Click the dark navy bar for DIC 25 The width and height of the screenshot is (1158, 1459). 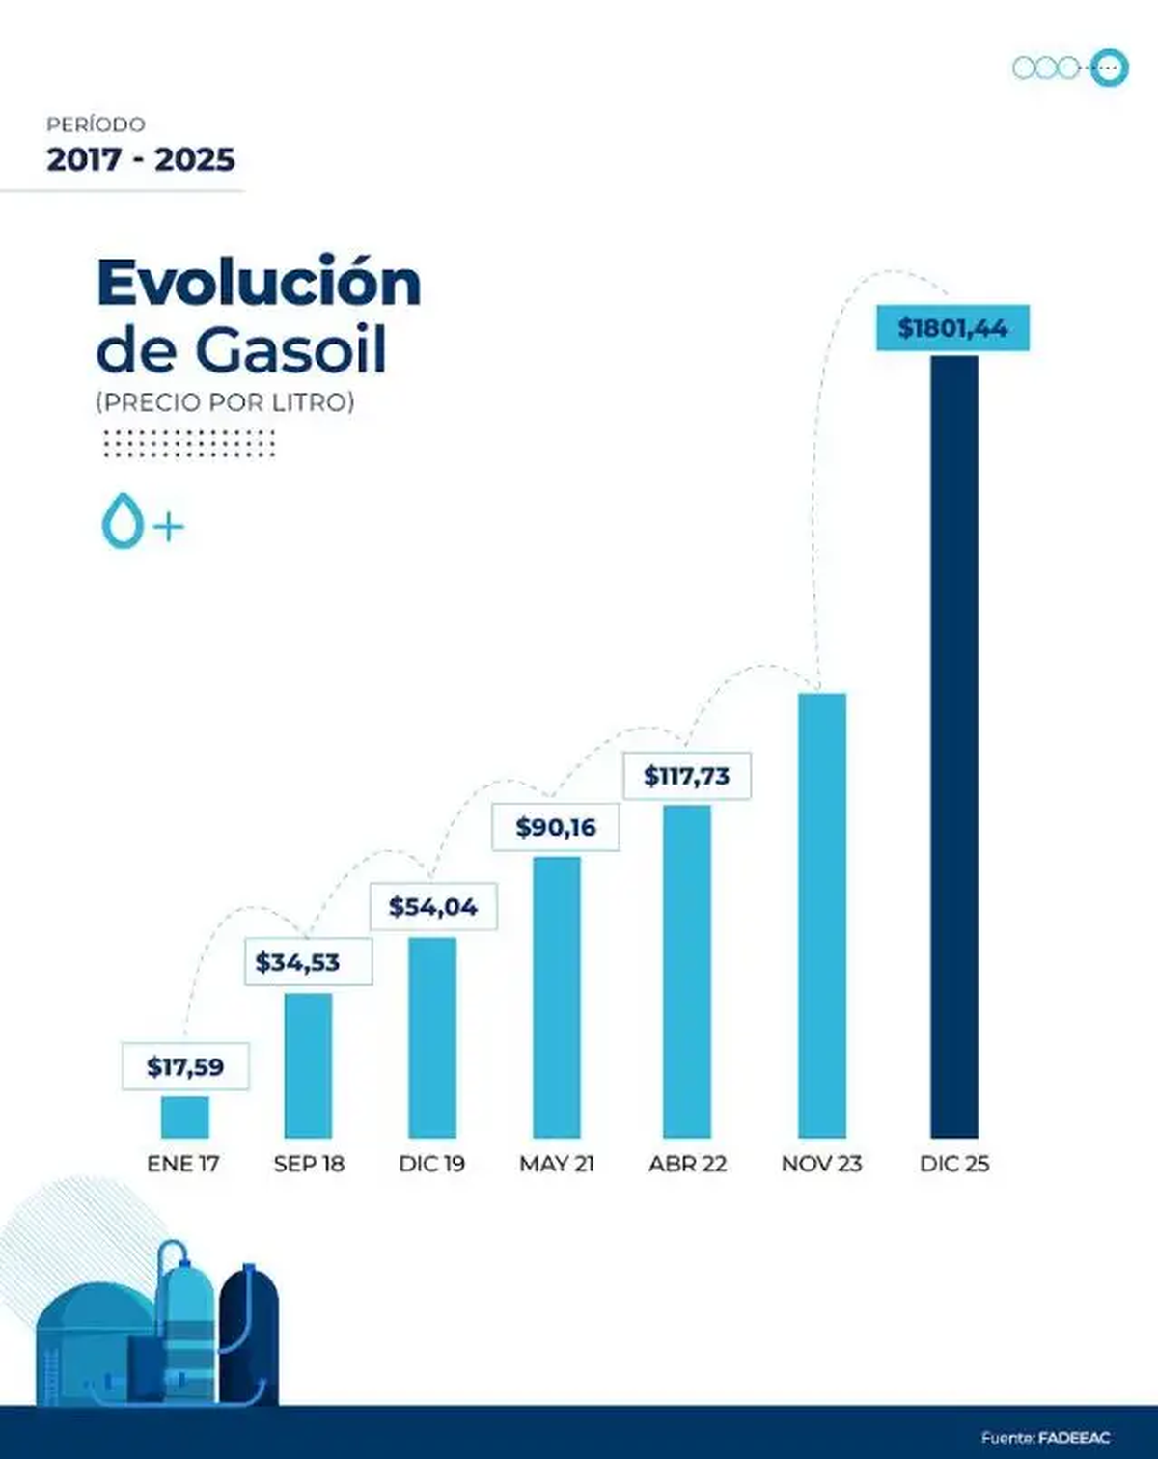pos(953,747)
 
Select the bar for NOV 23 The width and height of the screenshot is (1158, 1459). pos(822,916)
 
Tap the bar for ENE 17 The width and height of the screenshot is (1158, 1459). pos(184,1117)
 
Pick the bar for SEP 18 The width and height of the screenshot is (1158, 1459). pos(308,1066)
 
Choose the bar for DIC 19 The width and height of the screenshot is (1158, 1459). pos(432,1038)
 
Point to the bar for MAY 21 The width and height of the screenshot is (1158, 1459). pos(557,998)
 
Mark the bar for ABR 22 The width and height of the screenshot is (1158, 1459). pos(687,972)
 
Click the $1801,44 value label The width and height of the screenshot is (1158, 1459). pos(952,328)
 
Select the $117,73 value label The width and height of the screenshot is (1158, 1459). pos(687,776)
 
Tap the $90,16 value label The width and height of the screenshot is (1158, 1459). pos(556,827)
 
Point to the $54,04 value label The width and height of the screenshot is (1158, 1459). pos(433,907)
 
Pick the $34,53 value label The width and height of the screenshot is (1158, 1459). pos(298,962)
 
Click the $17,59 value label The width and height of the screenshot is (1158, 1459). pos(185,1066)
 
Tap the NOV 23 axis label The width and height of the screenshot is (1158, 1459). pos(821,1164)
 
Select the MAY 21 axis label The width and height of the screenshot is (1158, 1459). pos(557,1164)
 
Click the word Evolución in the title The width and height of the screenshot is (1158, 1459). pos(259,284)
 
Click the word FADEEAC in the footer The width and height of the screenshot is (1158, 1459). pos(1074,1438)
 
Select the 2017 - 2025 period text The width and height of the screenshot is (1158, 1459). pos(141,159)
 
